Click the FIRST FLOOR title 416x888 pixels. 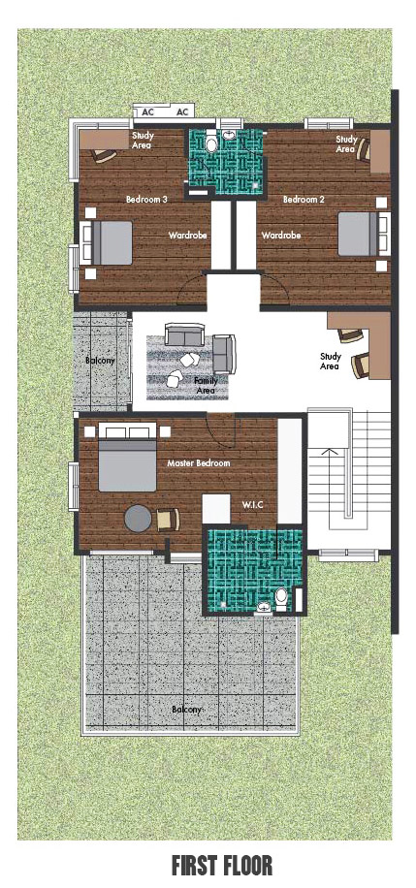[222, 866]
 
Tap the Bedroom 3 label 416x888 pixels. [146, 200]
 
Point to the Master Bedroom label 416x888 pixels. [199, 463]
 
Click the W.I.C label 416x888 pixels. [251, 504]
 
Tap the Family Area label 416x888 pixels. [206, 386]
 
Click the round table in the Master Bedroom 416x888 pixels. [139, 519]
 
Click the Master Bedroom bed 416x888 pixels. [128, 457]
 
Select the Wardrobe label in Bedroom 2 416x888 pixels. [281, 235]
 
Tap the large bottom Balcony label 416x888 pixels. [187, 709]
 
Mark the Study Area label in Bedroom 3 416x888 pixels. [143, 140]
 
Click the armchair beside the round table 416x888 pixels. [169, 520]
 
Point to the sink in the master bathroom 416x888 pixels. [264, 608]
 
